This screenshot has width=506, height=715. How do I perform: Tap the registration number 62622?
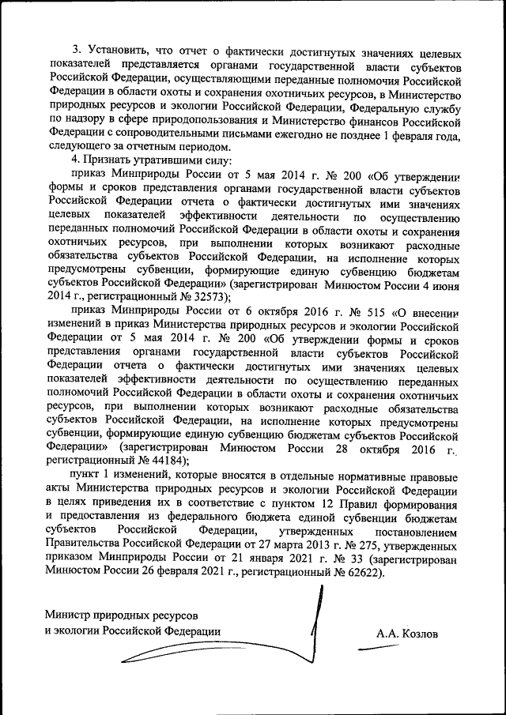(x=359, y=574)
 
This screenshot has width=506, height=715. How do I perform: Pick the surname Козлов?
(x=407, y=633)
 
